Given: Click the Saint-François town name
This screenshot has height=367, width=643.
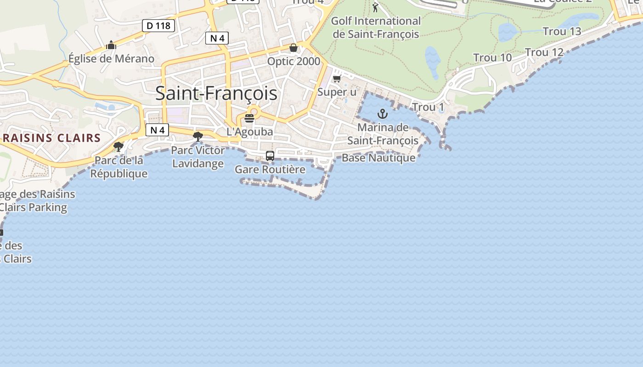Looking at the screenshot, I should [216, 93].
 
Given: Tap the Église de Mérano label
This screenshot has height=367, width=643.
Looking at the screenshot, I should [111, 58].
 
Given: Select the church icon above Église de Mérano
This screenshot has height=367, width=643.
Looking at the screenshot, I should [111, 45].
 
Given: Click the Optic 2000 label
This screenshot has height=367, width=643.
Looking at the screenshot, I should [293, 61].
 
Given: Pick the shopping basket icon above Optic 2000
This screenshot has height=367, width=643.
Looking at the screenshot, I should [293, 48].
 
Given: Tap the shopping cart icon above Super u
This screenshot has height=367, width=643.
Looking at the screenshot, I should [337, 79].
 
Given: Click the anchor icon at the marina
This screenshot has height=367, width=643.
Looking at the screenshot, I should [383, 114].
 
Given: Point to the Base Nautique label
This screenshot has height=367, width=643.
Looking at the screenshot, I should [378, 158].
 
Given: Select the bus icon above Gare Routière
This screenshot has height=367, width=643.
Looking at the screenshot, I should [270, 156].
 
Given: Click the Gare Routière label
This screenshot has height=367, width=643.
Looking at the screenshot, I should [270, 169].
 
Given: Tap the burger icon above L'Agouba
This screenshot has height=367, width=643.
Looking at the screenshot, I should [249, 118].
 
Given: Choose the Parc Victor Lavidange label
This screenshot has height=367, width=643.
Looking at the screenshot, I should [198, 157].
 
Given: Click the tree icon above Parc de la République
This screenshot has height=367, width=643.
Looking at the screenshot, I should [118, 147].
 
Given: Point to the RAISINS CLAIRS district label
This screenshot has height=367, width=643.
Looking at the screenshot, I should [51, 138].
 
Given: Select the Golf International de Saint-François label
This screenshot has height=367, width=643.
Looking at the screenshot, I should [376, 27].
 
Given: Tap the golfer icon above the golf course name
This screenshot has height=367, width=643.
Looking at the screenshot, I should [375, 7].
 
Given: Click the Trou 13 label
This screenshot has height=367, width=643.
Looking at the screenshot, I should [562, 31].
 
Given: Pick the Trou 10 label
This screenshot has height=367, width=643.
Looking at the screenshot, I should [492, 57].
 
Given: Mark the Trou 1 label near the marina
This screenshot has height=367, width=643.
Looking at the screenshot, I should [428, 107].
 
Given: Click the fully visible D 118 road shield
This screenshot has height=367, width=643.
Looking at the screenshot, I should [159, 26].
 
